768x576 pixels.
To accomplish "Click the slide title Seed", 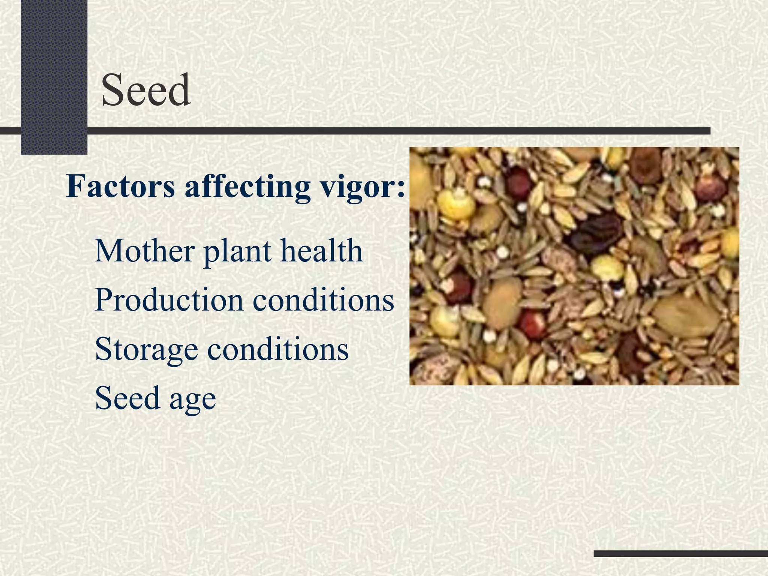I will coord(145,90).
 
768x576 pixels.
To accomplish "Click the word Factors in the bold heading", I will coord(120,186).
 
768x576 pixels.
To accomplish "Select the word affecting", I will coord(247,186).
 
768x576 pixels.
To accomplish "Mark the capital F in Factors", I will coord(75,186).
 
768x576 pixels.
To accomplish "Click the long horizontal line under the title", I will coord(397,131).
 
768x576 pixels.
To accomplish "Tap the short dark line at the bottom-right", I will coord(681,553).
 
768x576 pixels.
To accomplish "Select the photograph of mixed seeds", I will coord(574,266).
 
